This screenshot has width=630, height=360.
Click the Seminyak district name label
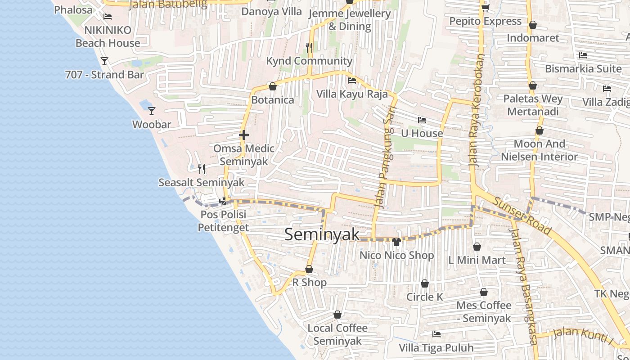pyautogui.click(x=322, y=234)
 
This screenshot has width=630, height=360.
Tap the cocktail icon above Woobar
pyautogui.click(x=152, y=111)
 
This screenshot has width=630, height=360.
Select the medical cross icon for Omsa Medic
pyautogui.click(x=244, y=135)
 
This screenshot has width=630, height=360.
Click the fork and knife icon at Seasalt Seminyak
pyautogui.click(x=202, y=169)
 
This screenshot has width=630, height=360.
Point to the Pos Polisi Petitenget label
pyautogui.click(x=224, y=221)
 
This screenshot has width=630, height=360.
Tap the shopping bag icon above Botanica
pyautogui.click(x=272, y=86)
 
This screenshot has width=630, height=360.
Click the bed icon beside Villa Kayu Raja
pyautogui.click(x=352, y=81)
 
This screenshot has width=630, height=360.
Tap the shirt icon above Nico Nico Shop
pyautogui.click(x=396, y=242)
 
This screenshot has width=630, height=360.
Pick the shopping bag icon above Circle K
pyautogui.click(x=424, y=284)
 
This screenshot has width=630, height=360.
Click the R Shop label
pyautogui.click(x=310, y=283)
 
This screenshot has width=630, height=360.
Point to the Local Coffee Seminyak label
pyautogui.click(x=337, y=334)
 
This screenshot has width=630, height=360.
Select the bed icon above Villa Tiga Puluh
pyautogui.click(x=436, y=334)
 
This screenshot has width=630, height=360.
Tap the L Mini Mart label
pyautogui.click(x=477, y=260)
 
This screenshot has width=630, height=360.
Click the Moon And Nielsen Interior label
pyautogui.click(x=540, y=150)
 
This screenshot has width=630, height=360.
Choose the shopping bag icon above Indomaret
pyautogui.click(x=532, y=25)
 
